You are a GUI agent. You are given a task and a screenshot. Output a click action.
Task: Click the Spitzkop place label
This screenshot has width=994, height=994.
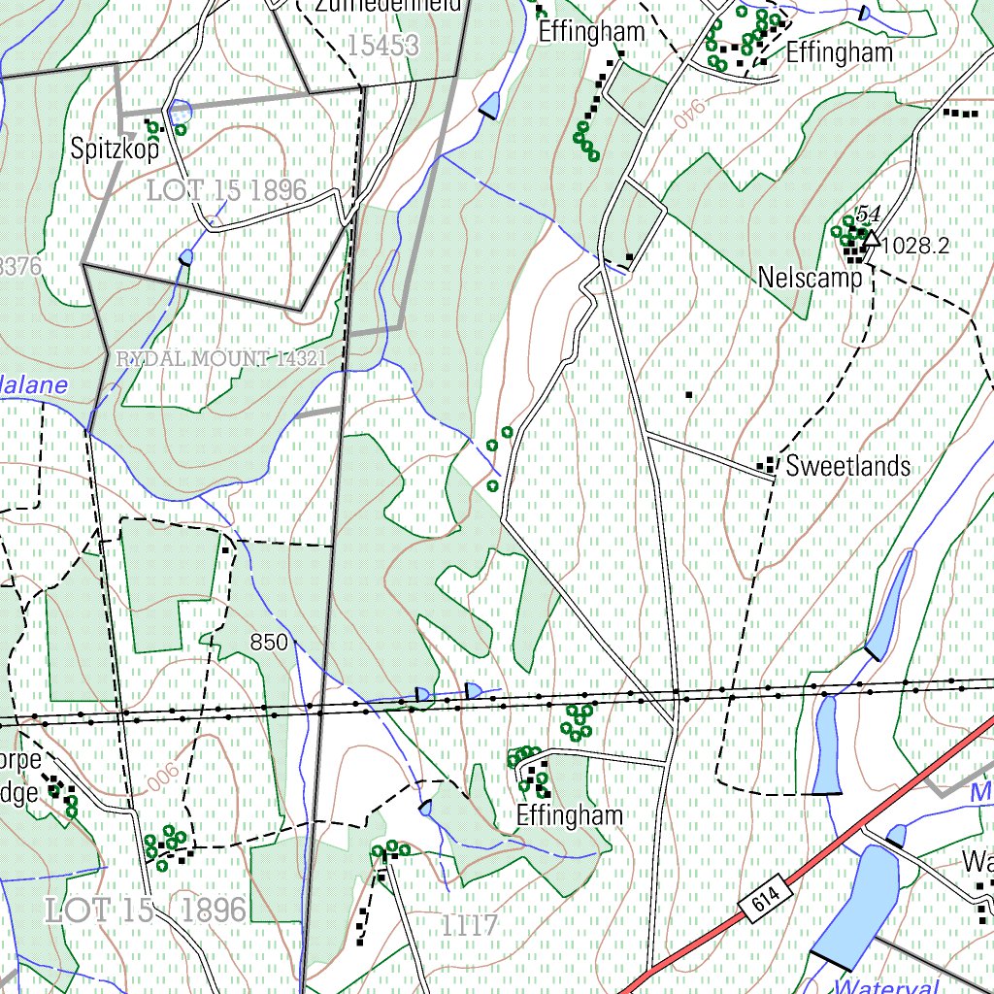click(114, 149)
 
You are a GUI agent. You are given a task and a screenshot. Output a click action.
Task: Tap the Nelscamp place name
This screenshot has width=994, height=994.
click(811, 279)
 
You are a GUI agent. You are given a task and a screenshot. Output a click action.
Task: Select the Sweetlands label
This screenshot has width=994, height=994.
click(848, 466)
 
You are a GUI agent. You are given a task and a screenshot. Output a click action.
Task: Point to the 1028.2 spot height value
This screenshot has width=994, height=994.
click(916, 246)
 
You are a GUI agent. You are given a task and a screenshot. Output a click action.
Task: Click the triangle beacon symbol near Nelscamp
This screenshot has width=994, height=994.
click(871, 238)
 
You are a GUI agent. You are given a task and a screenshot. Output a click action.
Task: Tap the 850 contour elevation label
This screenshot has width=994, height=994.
click(269, 642)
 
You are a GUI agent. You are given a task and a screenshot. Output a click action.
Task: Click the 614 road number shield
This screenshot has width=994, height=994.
click(765, 904)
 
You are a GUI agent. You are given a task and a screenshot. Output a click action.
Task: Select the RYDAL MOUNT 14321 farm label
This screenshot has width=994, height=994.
click(220, 359)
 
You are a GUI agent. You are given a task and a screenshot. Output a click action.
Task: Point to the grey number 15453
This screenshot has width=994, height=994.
click(382, 45)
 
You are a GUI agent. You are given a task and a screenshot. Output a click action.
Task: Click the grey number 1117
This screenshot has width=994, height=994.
click(470, 926)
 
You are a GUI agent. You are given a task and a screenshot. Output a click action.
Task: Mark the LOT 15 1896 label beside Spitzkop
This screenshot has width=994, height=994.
click(227, 190)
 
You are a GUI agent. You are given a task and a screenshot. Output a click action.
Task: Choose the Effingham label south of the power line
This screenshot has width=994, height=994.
click(569, 815)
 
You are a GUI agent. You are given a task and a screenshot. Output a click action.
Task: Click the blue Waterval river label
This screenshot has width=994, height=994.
click(885, 986)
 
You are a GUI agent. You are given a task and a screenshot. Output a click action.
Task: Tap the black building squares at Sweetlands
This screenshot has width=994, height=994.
click(769, 465)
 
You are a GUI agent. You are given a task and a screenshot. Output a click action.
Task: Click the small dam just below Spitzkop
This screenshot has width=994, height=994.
click(185, 257)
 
